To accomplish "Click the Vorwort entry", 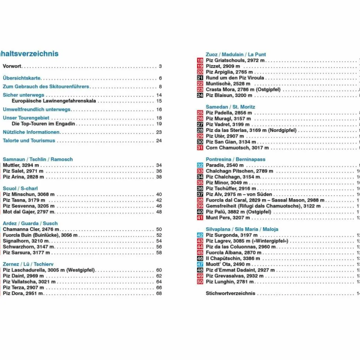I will (12, 67).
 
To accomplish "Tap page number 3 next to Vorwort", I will (160, 67).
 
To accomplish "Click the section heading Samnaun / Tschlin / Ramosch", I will (38, 160).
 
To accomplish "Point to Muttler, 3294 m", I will (20, 165).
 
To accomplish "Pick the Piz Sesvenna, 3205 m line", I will (28, 206).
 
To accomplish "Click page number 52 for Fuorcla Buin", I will (159, 235).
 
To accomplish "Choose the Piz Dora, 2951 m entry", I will (23, 293).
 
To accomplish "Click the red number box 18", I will (200, 60).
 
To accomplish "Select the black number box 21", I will (200, 78).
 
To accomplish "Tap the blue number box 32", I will (200, 165).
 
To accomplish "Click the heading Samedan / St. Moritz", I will (230, 107).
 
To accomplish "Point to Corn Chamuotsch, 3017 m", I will (237, 148).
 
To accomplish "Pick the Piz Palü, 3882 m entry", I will (238, 212).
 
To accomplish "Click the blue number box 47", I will (200, 265).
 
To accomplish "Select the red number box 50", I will (200, 282).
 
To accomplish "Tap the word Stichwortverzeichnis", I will (230, 293).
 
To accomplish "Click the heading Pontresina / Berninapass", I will (235, 160).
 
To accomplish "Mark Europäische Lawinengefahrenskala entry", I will (54, 101).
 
